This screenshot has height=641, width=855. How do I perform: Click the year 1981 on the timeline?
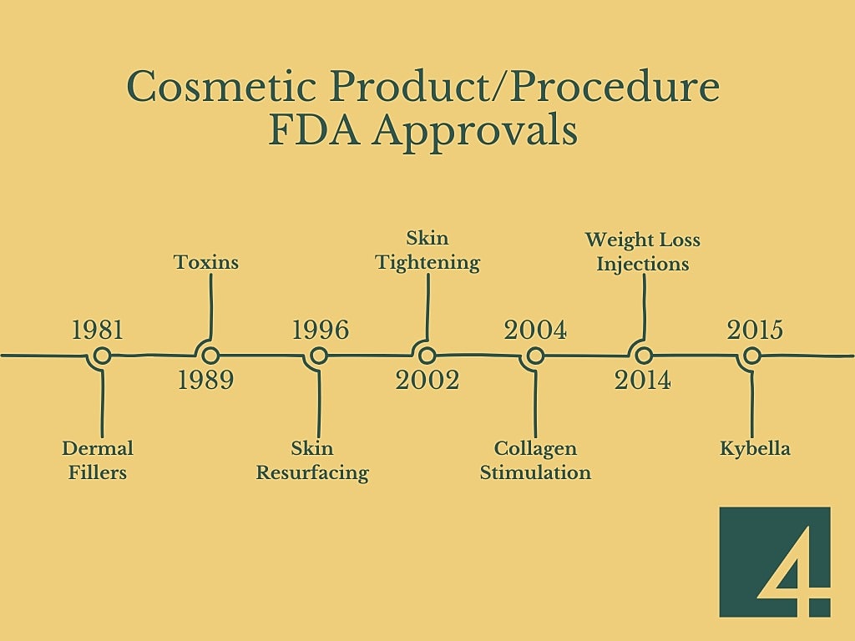[98, 331]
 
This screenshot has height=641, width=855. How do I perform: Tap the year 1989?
[205, 381]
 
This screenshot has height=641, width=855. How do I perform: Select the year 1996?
[320, 331]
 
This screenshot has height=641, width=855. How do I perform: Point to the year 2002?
[427, 381]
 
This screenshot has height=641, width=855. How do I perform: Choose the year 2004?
[535, 331]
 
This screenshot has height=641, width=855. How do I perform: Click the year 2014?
[643, 381]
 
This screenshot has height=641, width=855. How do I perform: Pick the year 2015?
[755, 331]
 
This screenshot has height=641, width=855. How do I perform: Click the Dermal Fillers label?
[98, 460]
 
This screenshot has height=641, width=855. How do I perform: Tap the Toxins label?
[206, 262]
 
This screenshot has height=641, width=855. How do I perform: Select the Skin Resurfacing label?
[312, 460]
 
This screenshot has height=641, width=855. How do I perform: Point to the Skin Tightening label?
[427, 250]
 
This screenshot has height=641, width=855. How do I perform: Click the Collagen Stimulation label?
[535, 460]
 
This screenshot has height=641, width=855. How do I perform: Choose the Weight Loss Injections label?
[643, 251]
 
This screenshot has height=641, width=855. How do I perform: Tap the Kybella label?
[755, 448]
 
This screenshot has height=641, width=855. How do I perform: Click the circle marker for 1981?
[102, 356]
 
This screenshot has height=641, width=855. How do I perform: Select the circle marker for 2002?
[427, 356]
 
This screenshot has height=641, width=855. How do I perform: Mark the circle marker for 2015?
[751, 356]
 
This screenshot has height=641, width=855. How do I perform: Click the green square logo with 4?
[775, 562]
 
